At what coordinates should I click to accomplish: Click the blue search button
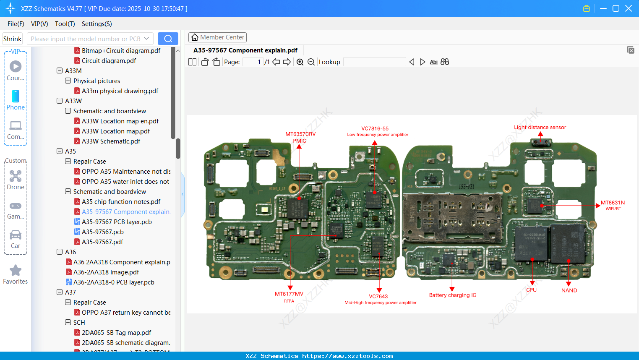pos(168,39)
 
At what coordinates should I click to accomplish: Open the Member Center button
pos(217,37)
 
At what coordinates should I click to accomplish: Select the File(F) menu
pos(16,24)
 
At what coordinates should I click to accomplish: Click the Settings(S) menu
pos(97,24)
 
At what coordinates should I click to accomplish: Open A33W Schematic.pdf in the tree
pos(111,141)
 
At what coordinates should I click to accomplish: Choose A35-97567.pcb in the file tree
pos(102,232)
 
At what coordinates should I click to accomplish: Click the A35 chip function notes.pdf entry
pos(121,202)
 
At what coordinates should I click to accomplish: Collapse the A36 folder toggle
pos(60,252)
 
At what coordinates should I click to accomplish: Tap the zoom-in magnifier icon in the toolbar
pos(300,62)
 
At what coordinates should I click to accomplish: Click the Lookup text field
pos(374,62)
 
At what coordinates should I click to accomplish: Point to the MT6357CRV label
pos(300,134)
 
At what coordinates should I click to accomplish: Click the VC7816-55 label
pos(375,128)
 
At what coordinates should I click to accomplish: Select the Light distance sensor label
pos(540,127)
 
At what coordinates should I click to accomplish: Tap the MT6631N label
pos(613,203)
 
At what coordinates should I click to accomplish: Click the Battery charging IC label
pos(452,295)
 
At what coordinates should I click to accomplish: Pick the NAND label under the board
pos(569,290)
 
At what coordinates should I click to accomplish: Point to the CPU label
pos(531,290)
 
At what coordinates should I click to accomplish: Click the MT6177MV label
pos(289,294)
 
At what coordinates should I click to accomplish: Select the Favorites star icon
pos(16,271)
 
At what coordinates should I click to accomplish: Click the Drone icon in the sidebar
pos(16,176)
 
